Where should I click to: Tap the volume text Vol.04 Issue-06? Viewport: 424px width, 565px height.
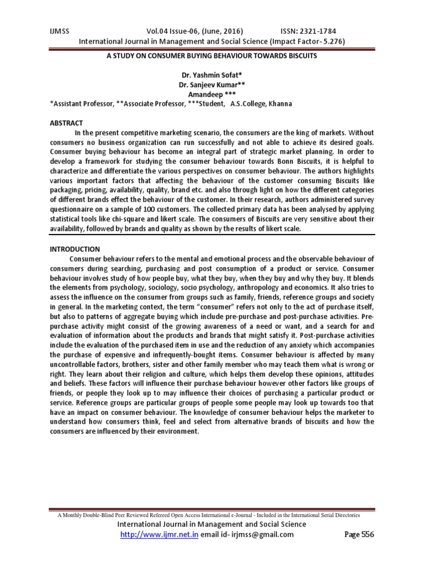click(x=168, y=31)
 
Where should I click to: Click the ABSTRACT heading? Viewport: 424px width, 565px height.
click(x=66, y=123)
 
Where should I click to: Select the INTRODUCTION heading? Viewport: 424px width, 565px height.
click(x=75, y=249)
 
